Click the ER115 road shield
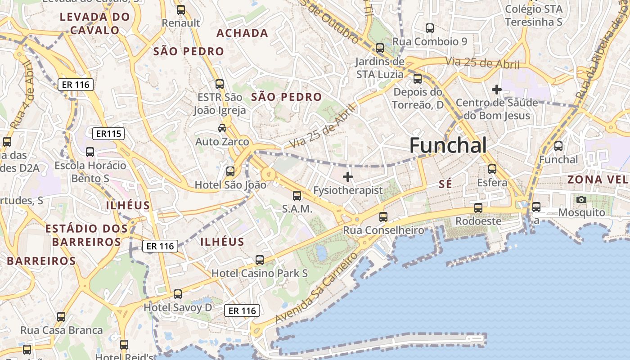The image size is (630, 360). click(108, 134)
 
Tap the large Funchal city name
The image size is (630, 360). click(448, 145)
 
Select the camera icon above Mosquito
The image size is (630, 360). click(581, 199)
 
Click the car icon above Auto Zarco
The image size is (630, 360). click(222, 128)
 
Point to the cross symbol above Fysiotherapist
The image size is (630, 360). click(348, 177)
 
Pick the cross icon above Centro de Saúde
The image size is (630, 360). click(497, 90)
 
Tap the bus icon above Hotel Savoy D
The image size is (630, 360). click(178, 294)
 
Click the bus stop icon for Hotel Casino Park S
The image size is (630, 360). click(260, 260)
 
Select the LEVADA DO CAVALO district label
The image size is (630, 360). click(95, 24)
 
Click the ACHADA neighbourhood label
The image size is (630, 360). click(242, 33)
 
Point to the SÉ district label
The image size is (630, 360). click(445, 184)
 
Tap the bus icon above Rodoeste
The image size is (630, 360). click(478, 208)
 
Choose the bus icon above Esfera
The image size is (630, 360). click(492, 169)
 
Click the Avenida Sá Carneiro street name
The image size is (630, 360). click(317, 288)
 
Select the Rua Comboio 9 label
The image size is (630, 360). click(430, 42)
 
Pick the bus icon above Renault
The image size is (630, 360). click(181, 9)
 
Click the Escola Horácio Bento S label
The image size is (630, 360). click(90, 172)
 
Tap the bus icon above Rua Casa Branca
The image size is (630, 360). click(61, 317)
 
